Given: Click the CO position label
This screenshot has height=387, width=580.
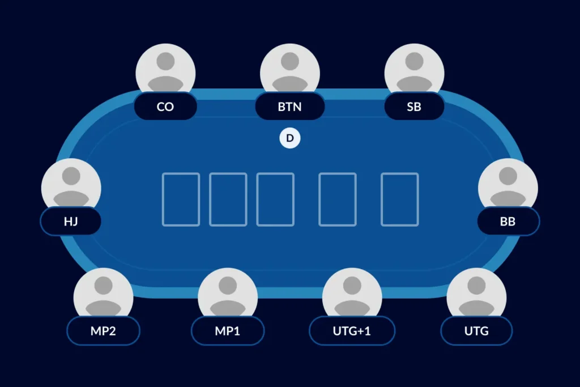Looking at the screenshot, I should tap(165, 107).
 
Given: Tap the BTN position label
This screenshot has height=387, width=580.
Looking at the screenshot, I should tap(289, 107).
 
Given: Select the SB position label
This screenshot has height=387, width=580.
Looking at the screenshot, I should tap(414, 107).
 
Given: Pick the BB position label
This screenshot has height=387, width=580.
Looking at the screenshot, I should tap(507, 221).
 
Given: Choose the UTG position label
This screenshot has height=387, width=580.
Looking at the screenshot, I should tap(476, 331).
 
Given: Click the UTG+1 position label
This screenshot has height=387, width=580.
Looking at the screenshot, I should tap(352, 331).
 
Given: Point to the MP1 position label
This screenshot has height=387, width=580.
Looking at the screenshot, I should tap(228, 331).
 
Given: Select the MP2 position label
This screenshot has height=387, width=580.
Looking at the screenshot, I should tap(103, 331).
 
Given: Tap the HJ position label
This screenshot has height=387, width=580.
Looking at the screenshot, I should tap(71, 221).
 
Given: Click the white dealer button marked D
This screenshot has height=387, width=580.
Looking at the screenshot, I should tap(290, 138).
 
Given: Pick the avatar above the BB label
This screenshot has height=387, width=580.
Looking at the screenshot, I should tap(507, 184).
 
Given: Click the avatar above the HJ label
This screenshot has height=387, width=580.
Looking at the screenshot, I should tap(71, 184).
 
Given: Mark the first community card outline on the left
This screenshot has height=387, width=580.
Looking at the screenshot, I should tap(181, 199).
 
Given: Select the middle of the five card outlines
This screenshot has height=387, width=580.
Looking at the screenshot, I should tap(275, 199).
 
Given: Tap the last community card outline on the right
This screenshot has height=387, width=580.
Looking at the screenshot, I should tap(399, 199).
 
